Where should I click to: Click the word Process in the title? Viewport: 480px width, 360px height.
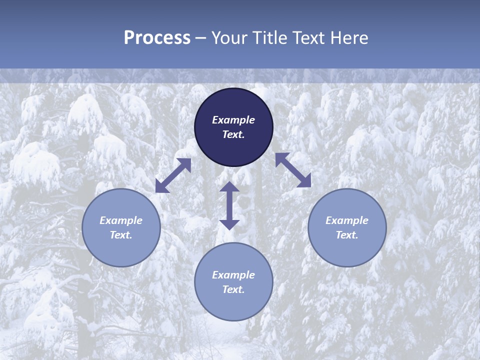157,38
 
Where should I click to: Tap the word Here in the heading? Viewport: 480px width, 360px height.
349,38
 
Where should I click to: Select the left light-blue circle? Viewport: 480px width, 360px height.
121,250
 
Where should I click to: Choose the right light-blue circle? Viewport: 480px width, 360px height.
347,250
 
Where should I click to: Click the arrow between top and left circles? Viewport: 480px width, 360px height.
173,175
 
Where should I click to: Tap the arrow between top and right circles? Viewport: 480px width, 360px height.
293,170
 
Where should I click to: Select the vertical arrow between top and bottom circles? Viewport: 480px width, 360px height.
229,205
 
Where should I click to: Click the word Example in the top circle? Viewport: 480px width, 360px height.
233,120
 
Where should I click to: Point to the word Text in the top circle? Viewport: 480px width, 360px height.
233,135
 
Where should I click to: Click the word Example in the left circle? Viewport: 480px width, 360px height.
121,220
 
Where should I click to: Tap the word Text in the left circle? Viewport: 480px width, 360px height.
121,235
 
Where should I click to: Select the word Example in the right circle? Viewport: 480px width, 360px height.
347,220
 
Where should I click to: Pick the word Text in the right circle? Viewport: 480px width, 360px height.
347,235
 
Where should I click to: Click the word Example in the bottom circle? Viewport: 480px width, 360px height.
233,275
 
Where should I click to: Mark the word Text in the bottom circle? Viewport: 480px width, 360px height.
233,290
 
